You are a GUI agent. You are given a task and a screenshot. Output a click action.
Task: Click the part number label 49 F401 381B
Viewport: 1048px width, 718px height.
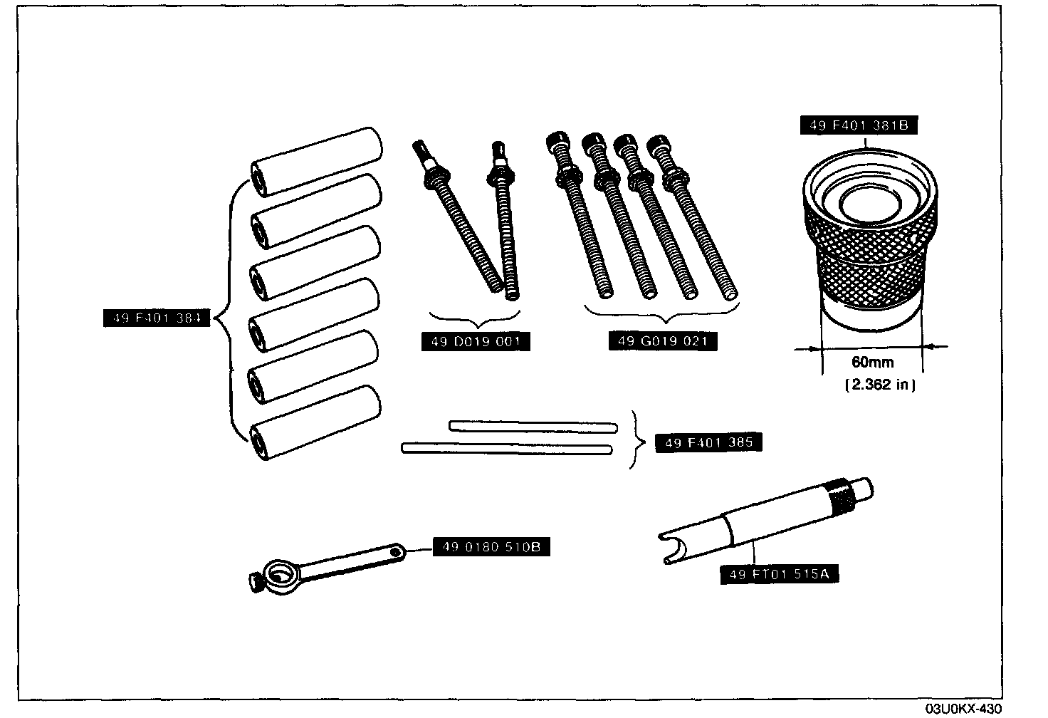coord(857,126)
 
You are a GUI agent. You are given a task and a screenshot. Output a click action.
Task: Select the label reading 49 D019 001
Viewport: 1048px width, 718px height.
coord(476,341)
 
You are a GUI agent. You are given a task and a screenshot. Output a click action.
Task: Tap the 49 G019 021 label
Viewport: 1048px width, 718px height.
coord(662,341)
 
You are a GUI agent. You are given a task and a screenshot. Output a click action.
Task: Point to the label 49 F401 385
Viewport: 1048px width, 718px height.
coord(708,442)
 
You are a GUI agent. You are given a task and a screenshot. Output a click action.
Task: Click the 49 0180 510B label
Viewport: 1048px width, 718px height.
coord(491,547)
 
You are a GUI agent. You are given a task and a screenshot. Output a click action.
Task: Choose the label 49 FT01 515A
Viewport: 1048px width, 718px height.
coord(779,573)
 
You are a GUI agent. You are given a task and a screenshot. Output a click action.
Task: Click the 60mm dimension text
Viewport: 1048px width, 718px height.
coord(872,363)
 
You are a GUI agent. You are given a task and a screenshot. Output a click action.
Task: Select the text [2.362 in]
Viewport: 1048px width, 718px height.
coord(879,385)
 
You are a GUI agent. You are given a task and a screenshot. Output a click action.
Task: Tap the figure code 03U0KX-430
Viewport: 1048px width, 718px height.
coord(963,709)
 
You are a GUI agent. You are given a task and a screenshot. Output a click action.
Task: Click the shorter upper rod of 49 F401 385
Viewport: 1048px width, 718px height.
coord(533,426)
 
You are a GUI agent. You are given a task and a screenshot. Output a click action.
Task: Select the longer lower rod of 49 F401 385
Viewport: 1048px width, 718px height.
coord(507,448)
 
